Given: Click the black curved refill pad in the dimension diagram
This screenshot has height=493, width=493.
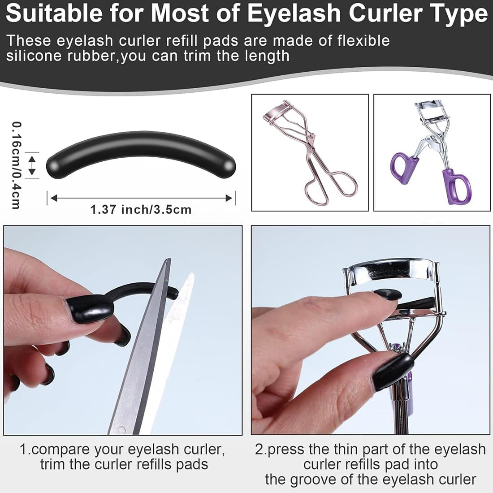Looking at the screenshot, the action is [141, 155].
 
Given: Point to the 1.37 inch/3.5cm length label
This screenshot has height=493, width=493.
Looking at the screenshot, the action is [141, 209].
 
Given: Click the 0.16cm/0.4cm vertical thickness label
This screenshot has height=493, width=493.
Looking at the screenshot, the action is [16, 165].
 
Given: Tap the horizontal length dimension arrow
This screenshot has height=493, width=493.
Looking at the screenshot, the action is [141, 198].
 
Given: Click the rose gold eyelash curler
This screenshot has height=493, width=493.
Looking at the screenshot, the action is [309, 151].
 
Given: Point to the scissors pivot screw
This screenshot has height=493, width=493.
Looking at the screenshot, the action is [121, 430].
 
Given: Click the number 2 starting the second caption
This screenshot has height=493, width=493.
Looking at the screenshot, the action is [259, 449].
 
